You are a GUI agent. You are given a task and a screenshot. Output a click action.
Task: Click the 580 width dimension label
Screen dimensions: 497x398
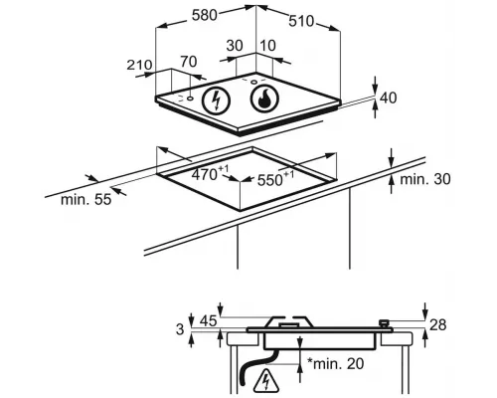click(205, 15)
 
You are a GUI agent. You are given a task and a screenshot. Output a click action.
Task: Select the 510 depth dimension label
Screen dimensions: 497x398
click(301, 21)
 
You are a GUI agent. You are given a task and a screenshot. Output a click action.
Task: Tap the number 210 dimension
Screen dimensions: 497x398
click(139, 65)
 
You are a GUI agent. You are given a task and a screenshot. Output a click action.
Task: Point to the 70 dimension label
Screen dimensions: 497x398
click(189, 62)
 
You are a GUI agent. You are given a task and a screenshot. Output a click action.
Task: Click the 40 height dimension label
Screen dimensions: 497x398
click(388, 99)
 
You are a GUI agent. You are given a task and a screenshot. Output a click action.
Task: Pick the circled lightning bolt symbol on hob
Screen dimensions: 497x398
click(217, 99)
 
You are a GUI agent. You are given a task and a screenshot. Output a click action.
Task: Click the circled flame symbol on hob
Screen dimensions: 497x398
click(264, 99)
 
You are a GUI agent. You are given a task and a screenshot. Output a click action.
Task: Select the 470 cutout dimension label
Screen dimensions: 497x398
click(210, 174)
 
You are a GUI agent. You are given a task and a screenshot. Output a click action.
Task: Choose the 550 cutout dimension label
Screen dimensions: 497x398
click(275, 179)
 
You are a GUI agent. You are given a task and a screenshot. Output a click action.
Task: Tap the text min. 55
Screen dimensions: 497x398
click(86, 200)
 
